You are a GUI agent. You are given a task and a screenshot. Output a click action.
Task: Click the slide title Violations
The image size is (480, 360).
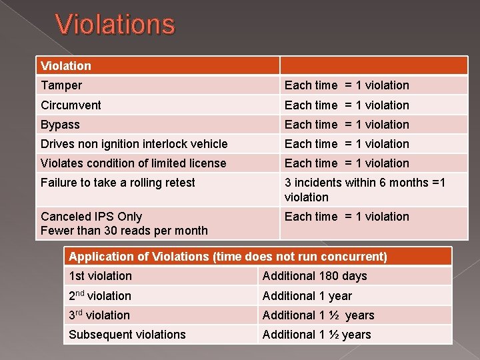[x=115, y=25]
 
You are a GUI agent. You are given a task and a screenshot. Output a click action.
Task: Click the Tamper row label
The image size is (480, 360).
[x=61, y=85]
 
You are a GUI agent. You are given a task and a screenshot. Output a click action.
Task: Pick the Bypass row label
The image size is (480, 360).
[x=60, y=125]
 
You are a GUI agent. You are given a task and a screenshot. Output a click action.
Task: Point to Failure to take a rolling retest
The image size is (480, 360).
[x=118, y=183]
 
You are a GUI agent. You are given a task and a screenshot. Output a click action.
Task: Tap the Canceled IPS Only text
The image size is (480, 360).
[x=91, y=217]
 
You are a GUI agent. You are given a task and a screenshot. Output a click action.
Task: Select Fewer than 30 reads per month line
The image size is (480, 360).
[x=124, y=231]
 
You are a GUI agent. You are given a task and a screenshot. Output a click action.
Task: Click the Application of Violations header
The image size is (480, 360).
[x=227, y=257]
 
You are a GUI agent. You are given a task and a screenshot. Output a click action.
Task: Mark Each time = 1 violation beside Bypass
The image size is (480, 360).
[x=347, y=125]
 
